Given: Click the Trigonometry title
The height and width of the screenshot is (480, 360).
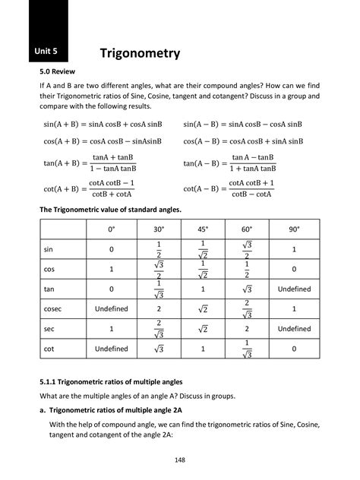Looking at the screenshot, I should [x=141, y=53].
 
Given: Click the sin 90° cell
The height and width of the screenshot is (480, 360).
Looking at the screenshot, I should [x=294, y=250].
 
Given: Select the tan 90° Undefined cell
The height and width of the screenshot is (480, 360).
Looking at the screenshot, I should [x=294, y=289].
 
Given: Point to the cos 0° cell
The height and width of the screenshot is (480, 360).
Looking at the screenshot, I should [x=111, y=270].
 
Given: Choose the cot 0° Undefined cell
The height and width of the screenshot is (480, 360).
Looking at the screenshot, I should [x=111, y=349].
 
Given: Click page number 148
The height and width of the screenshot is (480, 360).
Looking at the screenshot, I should [x=180, y=459].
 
